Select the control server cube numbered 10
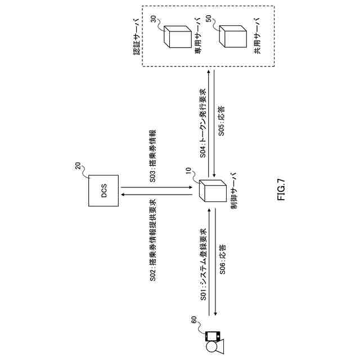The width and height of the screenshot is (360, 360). (215, 191)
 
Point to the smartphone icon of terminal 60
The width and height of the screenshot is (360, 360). (211, 338)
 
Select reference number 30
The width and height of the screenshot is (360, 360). (154, 20)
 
